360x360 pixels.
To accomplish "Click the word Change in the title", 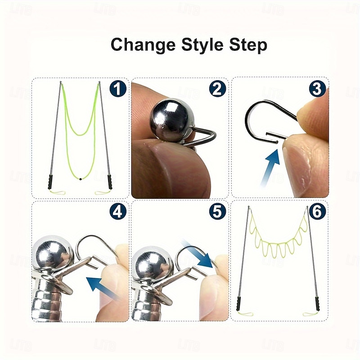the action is click(x=143, y=45).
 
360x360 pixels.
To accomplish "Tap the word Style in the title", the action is click(x=202, y=45).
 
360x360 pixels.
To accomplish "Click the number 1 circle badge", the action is click(x=118, y=89).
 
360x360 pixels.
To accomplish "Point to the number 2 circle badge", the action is click(x=217, y=89).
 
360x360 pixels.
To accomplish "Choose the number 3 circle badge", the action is click(x=317, y=89).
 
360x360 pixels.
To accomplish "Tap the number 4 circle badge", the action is click(x=118, y=211).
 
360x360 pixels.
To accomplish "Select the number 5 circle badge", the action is click(x=217, y=211).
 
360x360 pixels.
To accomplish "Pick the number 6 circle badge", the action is click(x=317, y=211).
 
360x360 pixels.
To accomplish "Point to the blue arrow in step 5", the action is click(x=198, y=253).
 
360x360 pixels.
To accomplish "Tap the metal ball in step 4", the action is click(x=52, y=253).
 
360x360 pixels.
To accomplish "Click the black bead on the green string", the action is click(x=81, y=179).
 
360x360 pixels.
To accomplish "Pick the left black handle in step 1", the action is click(x=50, y=182).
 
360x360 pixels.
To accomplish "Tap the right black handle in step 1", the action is click(x=110, y=182).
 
